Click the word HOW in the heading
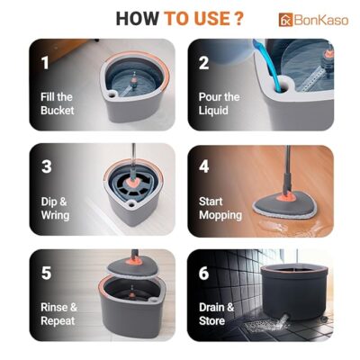click(x=137, y=19)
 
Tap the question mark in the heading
click(x=238, y=19)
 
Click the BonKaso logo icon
click(x=285, y=20)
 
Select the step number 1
click(x=45, y=63)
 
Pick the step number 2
click(x=203, y=63)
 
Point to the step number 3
click(x=47, y=166)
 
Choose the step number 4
click(x=204, y=166)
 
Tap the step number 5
click(x=46, y=273)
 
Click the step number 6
click(x=203, y=273)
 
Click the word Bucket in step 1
click(x=58, y=110)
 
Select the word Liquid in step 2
click(x=213, y=110)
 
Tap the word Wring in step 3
click(x=55, y=215)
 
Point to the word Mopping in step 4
click(x=220, y=215)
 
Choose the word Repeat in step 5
click(x=58, y=321)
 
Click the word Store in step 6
click(x=211, y=320)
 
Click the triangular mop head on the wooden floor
click(x=284, y=207)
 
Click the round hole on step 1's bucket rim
click(x=112, y=94)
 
